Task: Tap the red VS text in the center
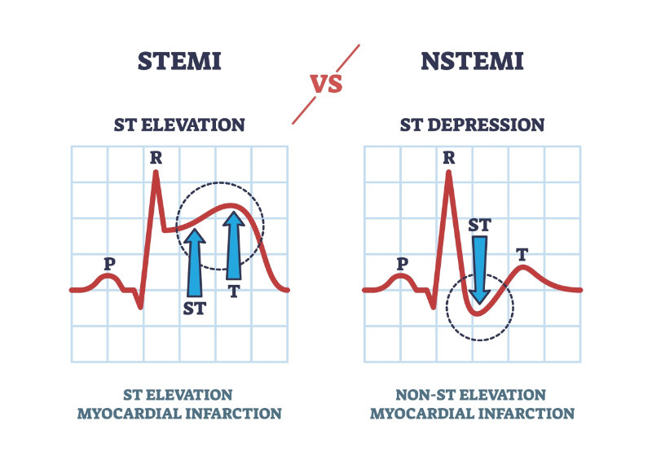tap(326, 83)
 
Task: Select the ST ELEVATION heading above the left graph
tap(179, 125)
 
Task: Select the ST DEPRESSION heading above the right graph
tap(472, 125)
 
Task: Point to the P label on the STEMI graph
tap(108, 264)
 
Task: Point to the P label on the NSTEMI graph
tap(402, 264)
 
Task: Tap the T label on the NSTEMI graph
tap(522, 254)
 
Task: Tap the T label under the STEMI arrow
tap(234, 291)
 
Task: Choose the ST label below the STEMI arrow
tap(195, 309)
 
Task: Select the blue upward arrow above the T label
tap(234, 244)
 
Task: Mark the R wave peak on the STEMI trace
tap(158, 173)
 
